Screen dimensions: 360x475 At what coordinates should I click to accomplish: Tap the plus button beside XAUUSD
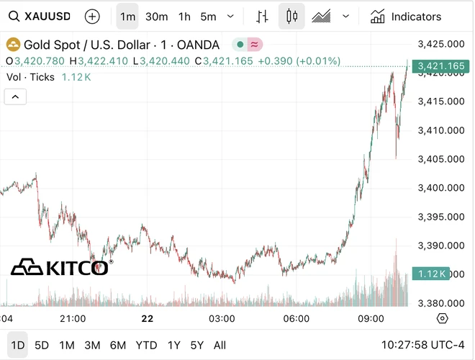pyautogui.click(x=92, y=16)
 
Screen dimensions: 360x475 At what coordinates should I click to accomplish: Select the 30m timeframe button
pyautogui.click(x=156, y=16)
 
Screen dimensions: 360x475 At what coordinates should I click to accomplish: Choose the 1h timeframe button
pyautogui.click(x=185, y=16)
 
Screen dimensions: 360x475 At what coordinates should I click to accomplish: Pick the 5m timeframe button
pyautogui.click(x=208, y=16)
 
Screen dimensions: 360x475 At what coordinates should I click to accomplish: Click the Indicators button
pyautogui.click(x=406, y=16)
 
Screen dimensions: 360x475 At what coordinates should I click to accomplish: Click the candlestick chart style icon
pyautogui.click(x=291, y=16)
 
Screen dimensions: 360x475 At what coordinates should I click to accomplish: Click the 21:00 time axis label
pyautogui.click(x=73, y=318)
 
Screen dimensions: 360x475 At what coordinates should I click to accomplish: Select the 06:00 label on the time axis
pyautogui.click(x=297, y=318)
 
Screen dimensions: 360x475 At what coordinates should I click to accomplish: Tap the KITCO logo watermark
pyautogui.click(x=60, y=268)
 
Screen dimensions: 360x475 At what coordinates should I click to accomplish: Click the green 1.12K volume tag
pyautogui.click(x=430, y=274)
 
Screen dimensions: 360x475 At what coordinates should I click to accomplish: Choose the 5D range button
pyautogui.click(x=42, y=345)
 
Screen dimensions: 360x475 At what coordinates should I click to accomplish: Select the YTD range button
pyautogui.click(x=146, y=345)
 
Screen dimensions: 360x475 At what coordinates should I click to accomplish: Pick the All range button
pyautogui.click(x=220, y=345)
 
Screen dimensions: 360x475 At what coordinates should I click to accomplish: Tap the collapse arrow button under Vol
pyautogui.click(x=15, y=96)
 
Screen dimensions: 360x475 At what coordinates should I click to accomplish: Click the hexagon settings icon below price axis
pyautogui.click(x=442, y=318)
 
